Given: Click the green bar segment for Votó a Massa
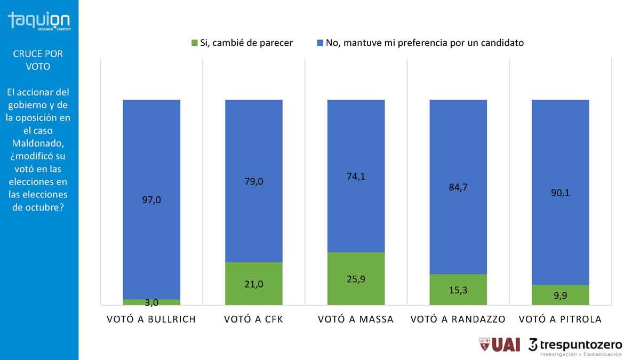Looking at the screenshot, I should (356, 267).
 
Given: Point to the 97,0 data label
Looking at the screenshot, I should (151, 200).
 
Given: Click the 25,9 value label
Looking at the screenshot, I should (356, 278).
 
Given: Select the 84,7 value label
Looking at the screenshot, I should (458, 187).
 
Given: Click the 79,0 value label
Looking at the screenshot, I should (254, 181).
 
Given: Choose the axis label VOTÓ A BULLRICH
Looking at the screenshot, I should (151, 319).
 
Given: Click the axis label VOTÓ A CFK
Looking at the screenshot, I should (254, 319).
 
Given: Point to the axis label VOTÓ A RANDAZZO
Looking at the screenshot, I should (458, 319).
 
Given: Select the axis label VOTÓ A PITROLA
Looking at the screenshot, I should (560, 319).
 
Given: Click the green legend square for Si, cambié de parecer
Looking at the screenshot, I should (195, 43).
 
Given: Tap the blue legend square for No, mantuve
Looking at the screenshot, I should (320, 43).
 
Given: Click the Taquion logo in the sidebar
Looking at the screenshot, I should (38, 21).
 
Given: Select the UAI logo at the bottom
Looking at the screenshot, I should (500, 345).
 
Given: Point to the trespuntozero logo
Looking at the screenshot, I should (575, 346).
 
